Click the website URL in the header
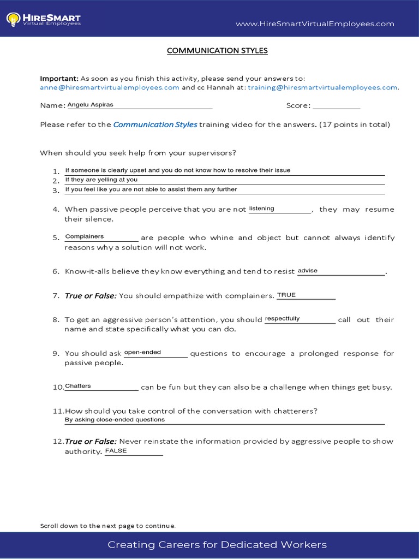pyautogui.click(x=315, y=24)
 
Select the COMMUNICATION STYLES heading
pyautogui.click(x=217, y=51)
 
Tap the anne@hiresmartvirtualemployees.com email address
pyautogui.click(x=110, y=87)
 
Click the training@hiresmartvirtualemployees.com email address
pyautogui.click(x=322, y=87)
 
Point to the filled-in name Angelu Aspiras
pyautogui.click(x=91, y=105)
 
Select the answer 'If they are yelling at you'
pyautogui.click(x=101, y=180)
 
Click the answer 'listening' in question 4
pyautogui.click(x=262, y=209)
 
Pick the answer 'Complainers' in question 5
pyautogui.click(x=85, y=237)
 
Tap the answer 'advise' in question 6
pyautogui.click(x=308, y=271)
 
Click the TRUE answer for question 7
pyautogui.click(x=286, y=295)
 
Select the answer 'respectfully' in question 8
pyautogui.click(x=283, y=319)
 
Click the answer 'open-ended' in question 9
pyautogui.click(x=143, y=353)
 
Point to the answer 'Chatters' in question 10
pyautogui.click(x=78, y=386)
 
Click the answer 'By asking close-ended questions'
pyautogui.click(x=115, y=420)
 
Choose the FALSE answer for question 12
pyautogui.click(x=116, y=451)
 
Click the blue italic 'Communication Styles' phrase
pyautogui.click(x=155, y=124)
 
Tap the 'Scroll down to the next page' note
pyautogui.click(x=108, y=526)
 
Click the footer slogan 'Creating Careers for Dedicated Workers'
pyautogui.click(x=217, y=545)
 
